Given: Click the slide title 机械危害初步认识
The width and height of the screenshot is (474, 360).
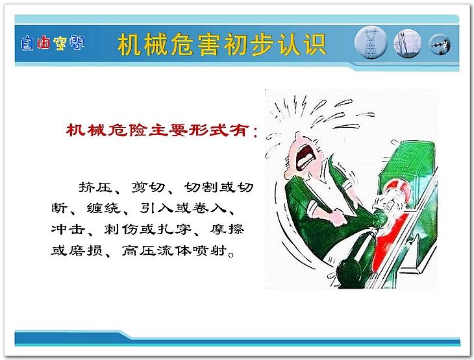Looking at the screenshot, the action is [222, 44].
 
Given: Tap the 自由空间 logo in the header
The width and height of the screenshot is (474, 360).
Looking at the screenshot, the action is [53, 43].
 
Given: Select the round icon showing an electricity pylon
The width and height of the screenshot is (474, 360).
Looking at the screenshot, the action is [371, 43].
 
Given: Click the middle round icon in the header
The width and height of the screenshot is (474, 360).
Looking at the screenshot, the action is [408, 43].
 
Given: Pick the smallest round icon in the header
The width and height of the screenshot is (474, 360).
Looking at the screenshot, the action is [440, 44].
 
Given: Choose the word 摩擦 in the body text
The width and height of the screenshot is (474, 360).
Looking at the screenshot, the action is [227, 229].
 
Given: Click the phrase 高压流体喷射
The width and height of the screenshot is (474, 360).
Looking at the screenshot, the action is [175, 250].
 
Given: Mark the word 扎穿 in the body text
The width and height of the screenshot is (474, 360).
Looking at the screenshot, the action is [175, 229].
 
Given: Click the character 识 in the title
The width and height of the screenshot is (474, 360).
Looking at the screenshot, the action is [315, 45].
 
